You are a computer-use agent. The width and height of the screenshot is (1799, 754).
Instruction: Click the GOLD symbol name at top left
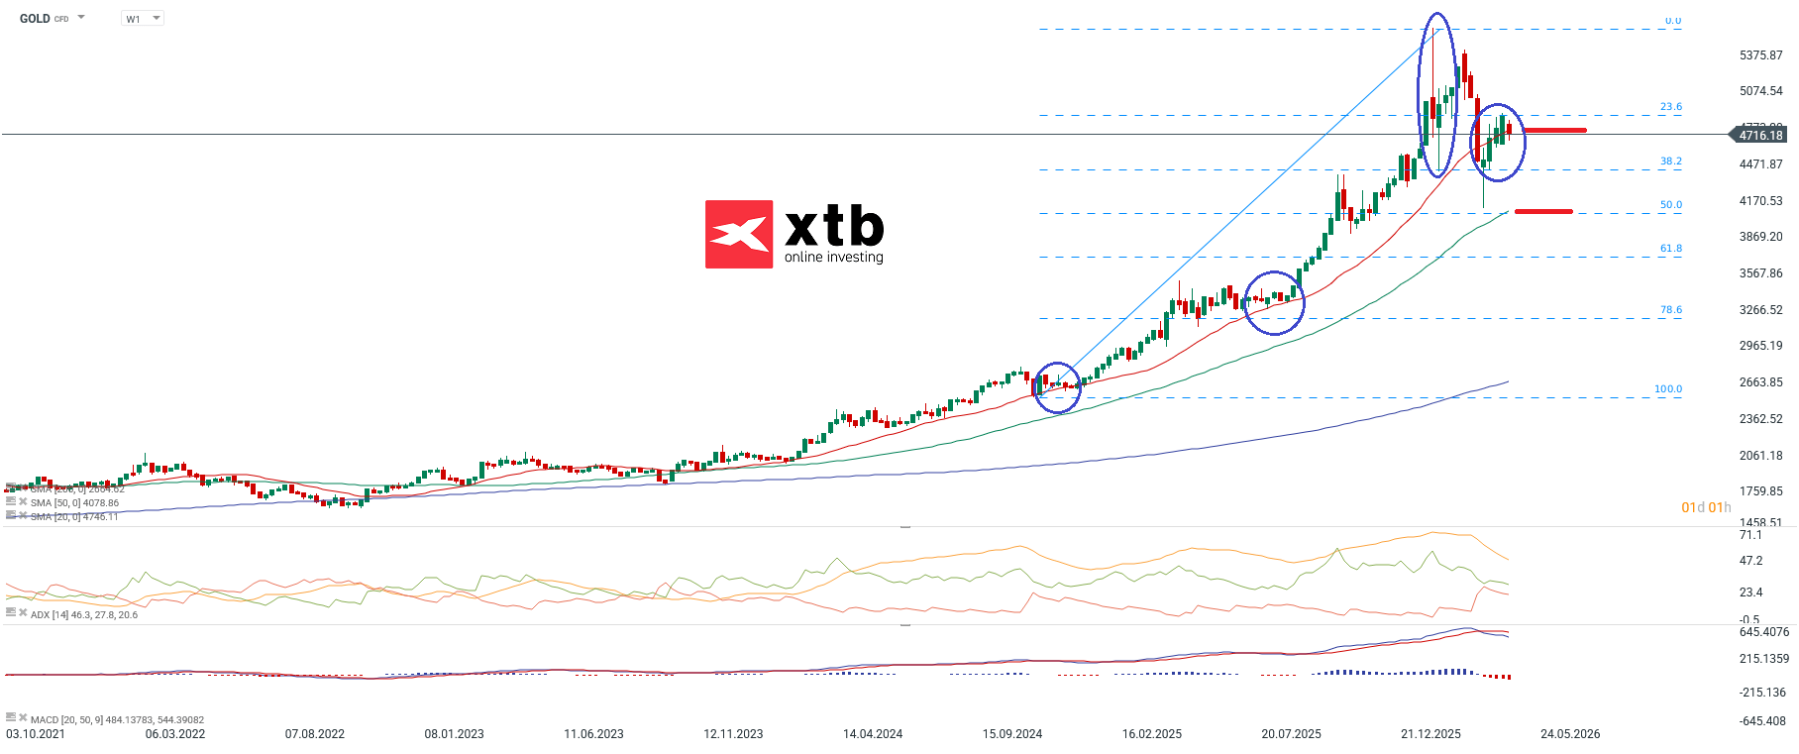(x=35, y=19)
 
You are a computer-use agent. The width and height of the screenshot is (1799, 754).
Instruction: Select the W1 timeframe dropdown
(x=142, y=19)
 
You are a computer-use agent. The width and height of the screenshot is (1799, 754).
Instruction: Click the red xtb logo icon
(x=738, y=235)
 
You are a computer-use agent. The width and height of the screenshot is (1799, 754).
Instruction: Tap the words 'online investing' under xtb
(x=833, y=258)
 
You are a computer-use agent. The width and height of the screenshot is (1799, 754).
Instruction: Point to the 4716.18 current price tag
(x=1759, y=135)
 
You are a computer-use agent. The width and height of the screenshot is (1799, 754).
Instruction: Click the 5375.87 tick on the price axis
(x=1760, y=55)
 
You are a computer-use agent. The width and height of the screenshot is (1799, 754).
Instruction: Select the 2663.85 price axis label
(x=1760, y=382)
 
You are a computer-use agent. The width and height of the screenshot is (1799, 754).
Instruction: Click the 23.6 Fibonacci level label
(x=1670, y=107)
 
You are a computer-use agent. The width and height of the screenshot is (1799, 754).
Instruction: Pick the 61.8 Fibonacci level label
(x=1670, y=249)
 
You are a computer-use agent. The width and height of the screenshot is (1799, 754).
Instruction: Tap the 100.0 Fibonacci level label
(x=1667, y=389)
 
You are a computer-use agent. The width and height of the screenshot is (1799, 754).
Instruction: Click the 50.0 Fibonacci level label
(x=1670, y=205)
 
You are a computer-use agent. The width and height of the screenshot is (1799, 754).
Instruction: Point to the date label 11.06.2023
(x=593, y=734)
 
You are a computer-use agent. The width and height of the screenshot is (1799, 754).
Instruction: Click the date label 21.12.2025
(x=1430, y=734)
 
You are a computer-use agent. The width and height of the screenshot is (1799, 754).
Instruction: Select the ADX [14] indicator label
(x=83, y=615)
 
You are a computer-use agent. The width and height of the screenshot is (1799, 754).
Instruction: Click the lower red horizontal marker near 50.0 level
(x=1542, y=211)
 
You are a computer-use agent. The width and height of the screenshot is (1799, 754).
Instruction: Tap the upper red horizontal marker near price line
(x=1553, y=130)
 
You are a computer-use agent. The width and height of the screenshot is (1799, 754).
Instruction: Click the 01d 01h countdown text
(x=1706, y=507)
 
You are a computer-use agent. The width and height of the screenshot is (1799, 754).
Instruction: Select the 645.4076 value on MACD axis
(x=1763, y=632)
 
